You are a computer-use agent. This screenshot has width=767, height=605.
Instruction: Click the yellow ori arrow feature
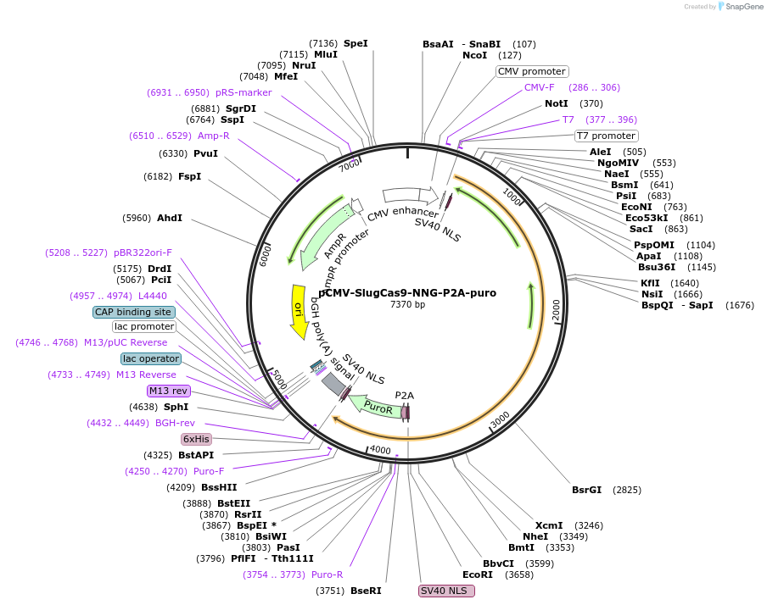[298, 310]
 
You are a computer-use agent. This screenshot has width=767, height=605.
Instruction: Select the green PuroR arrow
[374, 408]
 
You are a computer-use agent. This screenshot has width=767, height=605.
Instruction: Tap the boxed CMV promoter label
[531, 71]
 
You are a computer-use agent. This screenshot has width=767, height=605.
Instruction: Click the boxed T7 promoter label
[606, 136]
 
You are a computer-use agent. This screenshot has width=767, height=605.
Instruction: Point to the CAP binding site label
[132, 311]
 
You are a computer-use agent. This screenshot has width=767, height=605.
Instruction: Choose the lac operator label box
[151, 358]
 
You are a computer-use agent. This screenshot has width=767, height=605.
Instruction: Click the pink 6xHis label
[196, 439]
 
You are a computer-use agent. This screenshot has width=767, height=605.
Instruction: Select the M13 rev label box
[169, 391]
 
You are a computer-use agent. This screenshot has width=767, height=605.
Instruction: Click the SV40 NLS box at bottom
[444, 591]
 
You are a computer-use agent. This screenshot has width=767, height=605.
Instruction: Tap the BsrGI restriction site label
[586, 490]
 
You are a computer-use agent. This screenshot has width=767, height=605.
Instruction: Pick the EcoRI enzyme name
[477, 574]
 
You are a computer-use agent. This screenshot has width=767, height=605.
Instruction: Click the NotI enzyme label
[557, 103]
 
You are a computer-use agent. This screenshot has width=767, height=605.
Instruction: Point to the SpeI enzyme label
[356, 43]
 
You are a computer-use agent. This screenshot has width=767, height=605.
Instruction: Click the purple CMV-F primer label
[539, 87]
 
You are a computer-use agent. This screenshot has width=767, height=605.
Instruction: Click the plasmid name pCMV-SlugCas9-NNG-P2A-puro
[407, 293]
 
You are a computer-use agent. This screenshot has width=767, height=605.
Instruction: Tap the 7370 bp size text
[407, 304]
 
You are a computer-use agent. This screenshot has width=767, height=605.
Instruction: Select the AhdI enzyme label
[170, 218]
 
